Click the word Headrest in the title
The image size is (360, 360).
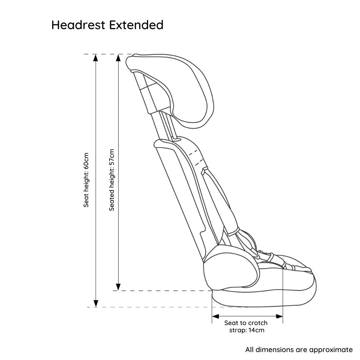point(78,25)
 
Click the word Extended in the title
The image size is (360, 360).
point(136,25)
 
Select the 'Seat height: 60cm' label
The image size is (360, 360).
point(86,180)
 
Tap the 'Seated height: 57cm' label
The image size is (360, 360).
point(112,180)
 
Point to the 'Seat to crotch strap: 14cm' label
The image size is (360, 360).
point(246,327)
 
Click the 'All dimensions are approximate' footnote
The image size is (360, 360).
point(299,350)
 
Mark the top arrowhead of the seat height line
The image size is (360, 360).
point(96,58)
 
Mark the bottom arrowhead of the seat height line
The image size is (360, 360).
point(96,303)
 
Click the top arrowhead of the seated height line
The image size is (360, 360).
point(118,58)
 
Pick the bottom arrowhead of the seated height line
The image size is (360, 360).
point(118,287)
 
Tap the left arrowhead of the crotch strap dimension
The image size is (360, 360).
point(215,316)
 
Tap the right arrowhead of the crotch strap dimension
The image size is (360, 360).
point(279,316)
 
